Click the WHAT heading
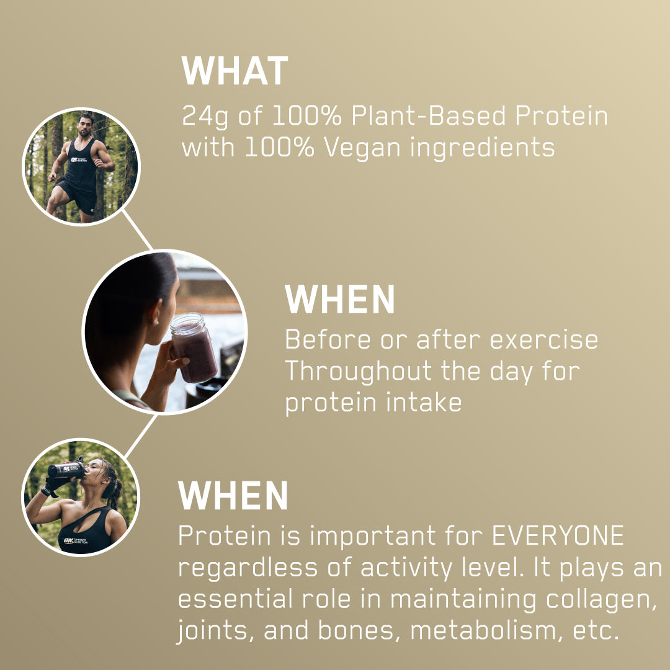pyautogui.click(x=234, y=71)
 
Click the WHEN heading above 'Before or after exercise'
pyautogui.click(x=339, y=300)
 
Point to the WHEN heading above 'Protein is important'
pyautogui.click(x=233, y=496)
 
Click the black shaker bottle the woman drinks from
pyautogui.click(x=65, y=470)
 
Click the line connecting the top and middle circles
pyautogui.click(x=138, y=230)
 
